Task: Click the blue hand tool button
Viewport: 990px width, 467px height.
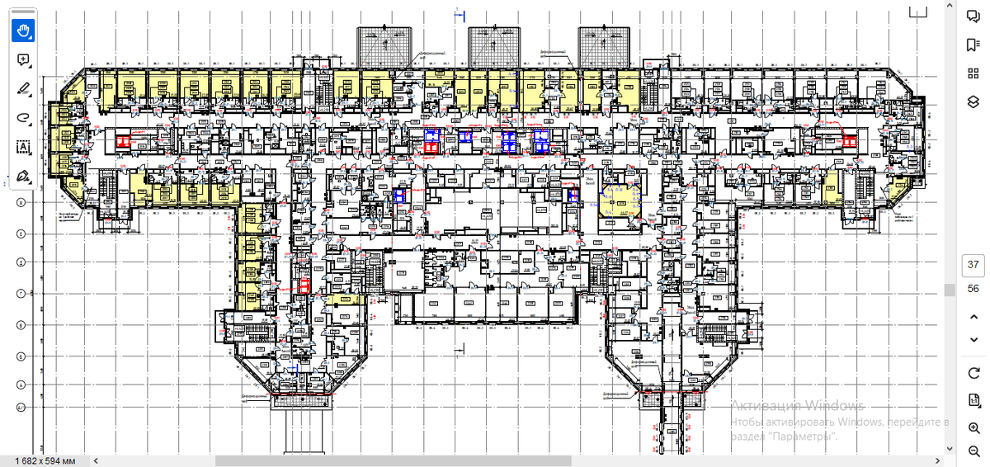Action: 23,31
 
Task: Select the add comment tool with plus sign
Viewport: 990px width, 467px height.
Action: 23,60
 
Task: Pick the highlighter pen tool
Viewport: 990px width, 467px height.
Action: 23,89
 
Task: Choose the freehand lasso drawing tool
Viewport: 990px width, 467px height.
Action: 23,118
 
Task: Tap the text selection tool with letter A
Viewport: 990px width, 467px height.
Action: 23,147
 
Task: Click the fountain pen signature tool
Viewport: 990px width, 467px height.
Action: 23,176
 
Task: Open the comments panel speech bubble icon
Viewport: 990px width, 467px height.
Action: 973,17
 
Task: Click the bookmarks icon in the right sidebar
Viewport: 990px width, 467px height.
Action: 973,45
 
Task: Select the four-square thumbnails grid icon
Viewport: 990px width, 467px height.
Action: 973,73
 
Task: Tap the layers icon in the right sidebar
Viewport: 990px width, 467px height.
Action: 973,101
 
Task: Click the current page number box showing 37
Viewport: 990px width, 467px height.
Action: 973,265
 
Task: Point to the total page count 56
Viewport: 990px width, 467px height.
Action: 973,289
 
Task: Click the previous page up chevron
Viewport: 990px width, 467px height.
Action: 973,318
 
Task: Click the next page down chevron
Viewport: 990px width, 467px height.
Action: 973,340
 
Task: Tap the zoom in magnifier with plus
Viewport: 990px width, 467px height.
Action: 973,427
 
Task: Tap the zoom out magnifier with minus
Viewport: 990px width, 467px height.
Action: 973,451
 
